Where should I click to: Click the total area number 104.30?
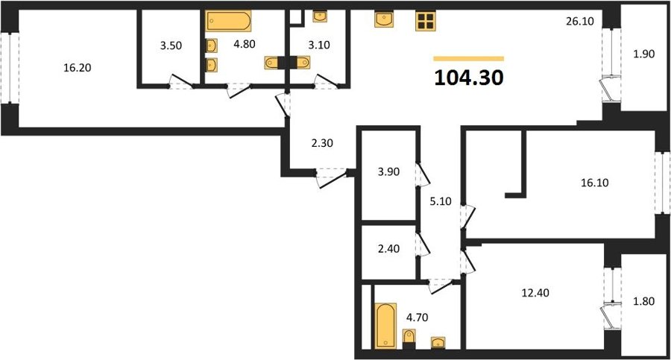[x=469, y=78]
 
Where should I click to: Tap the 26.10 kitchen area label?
[x=580, y=21]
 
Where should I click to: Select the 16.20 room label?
[x=78, y=68]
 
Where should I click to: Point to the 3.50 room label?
[x=171, y=45]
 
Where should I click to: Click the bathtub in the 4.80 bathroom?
[x=228, y=21]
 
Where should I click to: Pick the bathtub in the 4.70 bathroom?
[x=385, y=325]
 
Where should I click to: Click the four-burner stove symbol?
[x=426, y=21]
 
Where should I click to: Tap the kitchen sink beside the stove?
[x=384, y=19]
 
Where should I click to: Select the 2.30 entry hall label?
[x=322, y=143]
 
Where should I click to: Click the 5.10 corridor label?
[x=441, y=200]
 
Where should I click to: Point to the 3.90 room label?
[x=388, y=171]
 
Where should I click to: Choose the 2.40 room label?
[x=388, y=248]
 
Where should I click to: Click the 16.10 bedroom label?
[x=595, y=183]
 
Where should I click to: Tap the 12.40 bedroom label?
[x=535, y=293]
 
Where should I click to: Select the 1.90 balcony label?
[x=644, y=54]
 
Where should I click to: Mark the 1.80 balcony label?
[x=644, y=301]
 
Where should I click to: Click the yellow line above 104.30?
[x=469, y=59]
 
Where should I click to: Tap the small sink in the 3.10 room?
[x=320, y=16]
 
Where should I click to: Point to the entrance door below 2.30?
[x=332, y=178]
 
